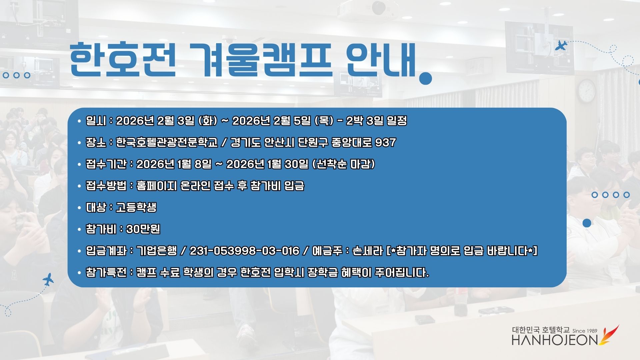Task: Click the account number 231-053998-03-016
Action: [244, 251]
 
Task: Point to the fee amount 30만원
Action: [143, 229]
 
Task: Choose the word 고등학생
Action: [136, 208]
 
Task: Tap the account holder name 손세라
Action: [367, 251]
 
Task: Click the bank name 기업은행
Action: [156, 251]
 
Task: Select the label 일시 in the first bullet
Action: [96, 121]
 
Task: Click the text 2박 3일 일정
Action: [377, 121]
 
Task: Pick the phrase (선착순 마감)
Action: [344, 164]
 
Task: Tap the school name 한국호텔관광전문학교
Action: [167, 143]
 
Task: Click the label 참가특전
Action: [106, 273]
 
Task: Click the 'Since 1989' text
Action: [585, 331]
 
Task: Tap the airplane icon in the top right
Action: [561, 45]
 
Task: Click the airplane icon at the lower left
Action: [49, 279]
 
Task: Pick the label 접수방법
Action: [106, 186]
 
